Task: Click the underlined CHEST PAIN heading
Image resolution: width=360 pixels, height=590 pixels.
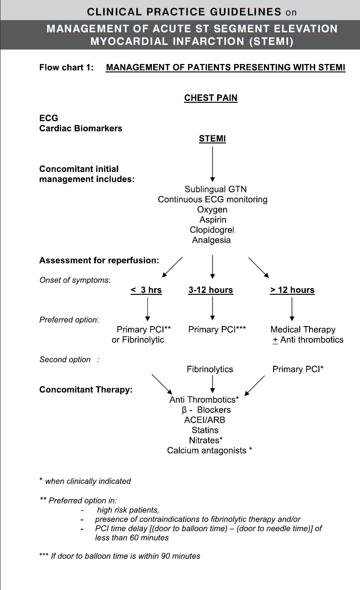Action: click(211, 98)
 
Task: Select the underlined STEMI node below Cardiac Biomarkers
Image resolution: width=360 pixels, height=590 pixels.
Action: click(212, 139)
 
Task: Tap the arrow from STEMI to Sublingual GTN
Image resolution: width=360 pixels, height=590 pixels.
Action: click(212, 163)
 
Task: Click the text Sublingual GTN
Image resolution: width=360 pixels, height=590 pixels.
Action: click(212, 190)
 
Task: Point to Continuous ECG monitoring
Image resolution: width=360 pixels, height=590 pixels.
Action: click(212, 200)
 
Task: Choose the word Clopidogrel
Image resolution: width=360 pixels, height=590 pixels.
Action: click(212, 230)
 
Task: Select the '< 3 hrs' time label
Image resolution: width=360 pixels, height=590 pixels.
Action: click(146, 290)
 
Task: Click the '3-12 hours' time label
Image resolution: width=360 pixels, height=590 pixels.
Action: click(211, 290)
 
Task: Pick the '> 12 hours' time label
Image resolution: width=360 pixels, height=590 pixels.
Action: click(292, 290)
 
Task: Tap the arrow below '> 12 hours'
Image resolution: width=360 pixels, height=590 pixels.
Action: click(292, 308)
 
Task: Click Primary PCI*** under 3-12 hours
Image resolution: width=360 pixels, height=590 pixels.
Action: click(217, 330)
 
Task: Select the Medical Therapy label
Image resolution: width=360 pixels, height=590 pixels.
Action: click(303, 330)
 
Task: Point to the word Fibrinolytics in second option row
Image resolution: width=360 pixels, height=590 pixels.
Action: click(210, 370)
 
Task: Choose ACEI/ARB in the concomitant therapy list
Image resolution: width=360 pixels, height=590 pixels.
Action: click(205, 420)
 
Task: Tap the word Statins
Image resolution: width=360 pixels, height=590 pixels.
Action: click(205, 430)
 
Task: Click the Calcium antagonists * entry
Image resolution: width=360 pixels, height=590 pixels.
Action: click(210, 451)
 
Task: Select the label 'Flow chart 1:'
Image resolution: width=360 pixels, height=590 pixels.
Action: click(66, 68)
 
